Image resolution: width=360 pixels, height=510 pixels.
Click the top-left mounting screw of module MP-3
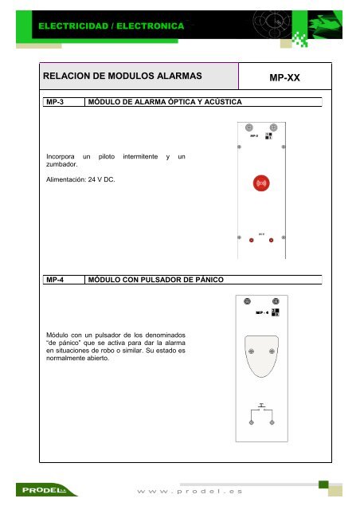pos(248,127)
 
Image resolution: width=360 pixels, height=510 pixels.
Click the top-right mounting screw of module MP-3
pos(274,127)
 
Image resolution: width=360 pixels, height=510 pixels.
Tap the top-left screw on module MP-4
pos(248,300)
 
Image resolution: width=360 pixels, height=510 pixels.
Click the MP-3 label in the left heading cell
pos(53,102)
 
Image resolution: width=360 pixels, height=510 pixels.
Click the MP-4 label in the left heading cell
pos(53,280)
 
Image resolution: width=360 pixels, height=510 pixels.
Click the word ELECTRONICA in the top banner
pos(150,25)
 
